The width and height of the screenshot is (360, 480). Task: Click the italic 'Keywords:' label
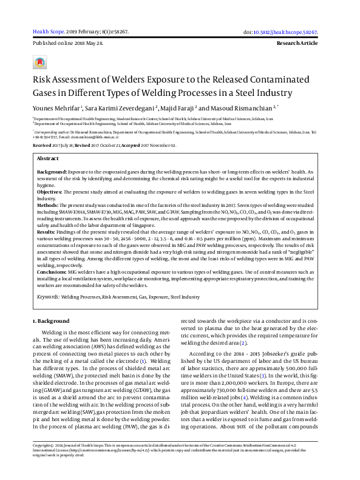pyautogui.click(x=49, y=297)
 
